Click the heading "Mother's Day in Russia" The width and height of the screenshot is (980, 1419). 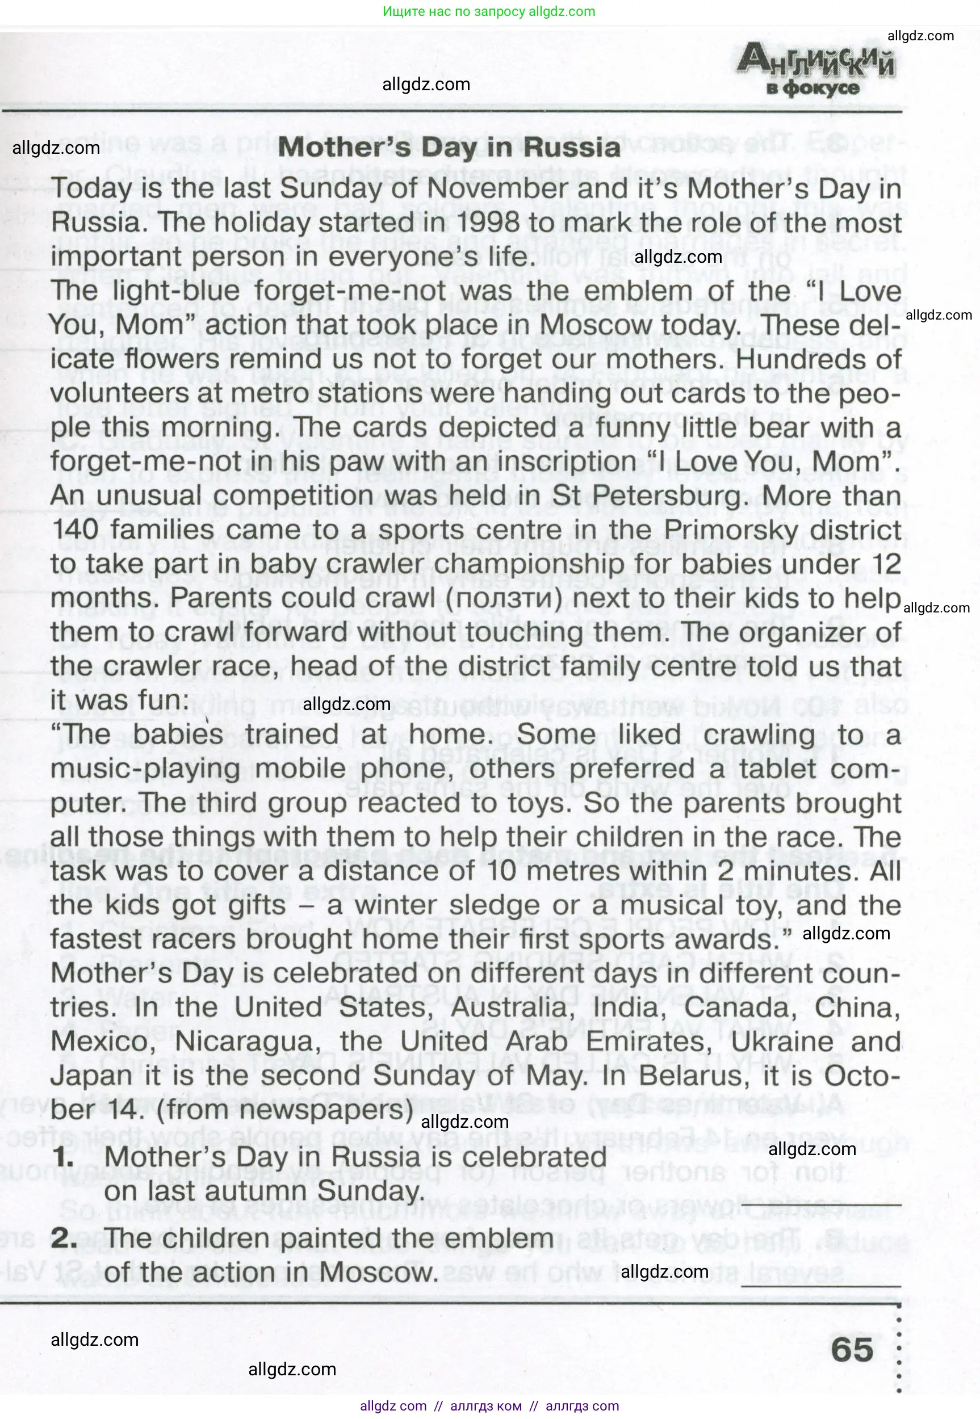click(x=449, y=148)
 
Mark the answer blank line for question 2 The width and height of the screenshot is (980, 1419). click(x=821, y=1284)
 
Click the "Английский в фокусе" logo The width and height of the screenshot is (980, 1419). click(x=815, y=71)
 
